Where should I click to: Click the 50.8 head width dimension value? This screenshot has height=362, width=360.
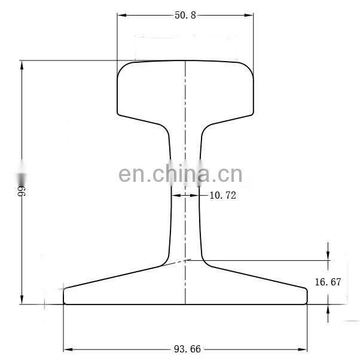[x=185, y=15]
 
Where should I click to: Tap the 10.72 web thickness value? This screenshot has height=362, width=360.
[x=222, y=195]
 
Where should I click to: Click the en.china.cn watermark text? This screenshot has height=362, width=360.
[x=180, y=174]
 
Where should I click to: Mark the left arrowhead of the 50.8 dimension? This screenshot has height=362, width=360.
[x=120, y=15]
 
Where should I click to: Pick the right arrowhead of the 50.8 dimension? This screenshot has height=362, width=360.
[x=250, y=15]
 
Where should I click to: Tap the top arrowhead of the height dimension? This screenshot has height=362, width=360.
[x=22, y=64]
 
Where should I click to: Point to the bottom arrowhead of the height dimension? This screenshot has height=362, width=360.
[x=22, y=300]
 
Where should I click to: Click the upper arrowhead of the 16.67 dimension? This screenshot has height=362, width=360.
[x=328, y=257]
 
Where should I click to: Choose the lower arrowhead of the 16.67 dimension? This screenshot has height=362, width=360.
[x=328, y=308]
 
